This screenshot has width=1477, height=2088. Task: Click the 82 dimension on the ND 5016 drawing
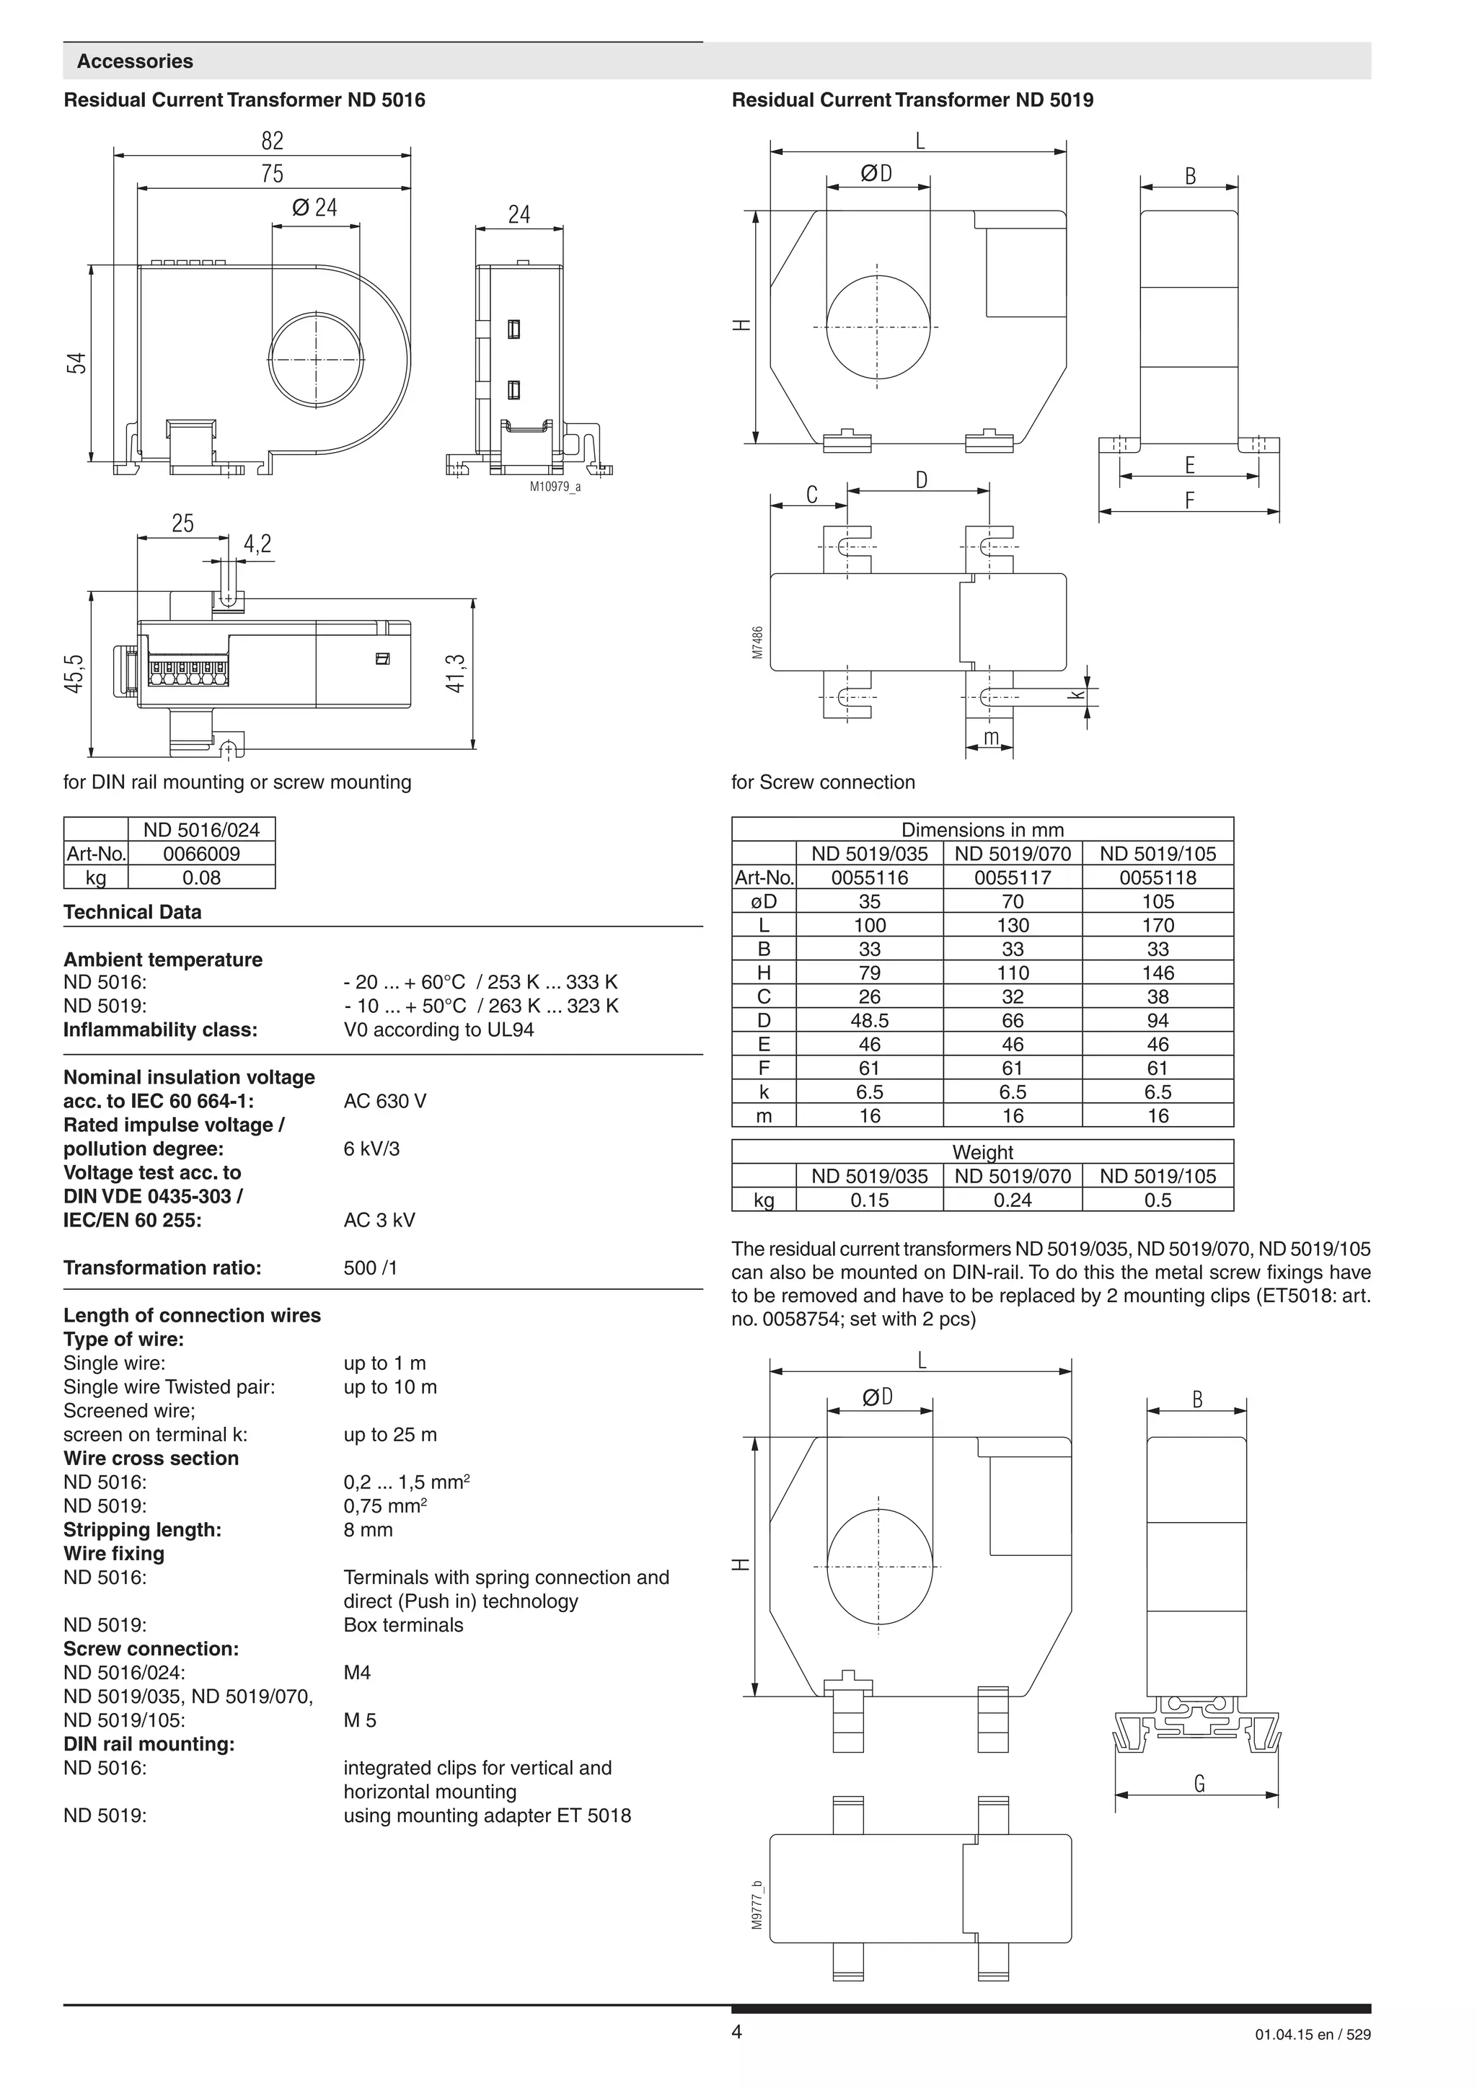tap(272, 141)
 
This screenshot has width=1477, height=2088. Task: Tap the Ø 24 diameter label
tap(314, 208)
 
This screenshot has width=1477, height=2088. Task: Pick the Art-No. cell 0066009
tap(201, 854)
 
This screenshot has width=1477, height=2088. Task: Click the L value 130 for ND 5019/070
tap(1013, 926)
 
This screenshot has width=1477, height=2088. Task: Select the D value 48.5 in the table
tap(870, 1020)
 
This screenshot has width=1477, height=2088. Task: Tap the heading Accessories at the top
tap(135, 62)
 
